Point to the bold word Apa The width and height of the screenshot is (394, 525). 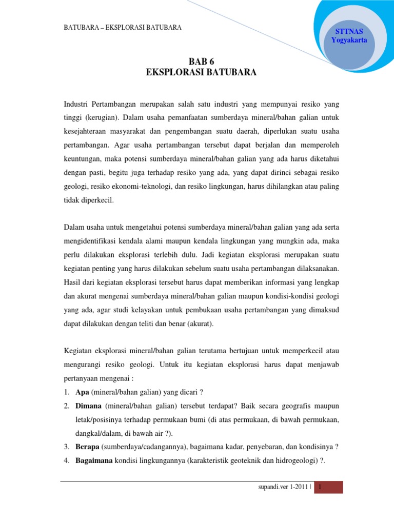(82, 393)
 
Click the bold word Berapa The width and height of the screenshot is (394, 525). (88, 446)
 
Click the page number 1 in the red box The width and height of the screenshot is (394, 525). (320, 487)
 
